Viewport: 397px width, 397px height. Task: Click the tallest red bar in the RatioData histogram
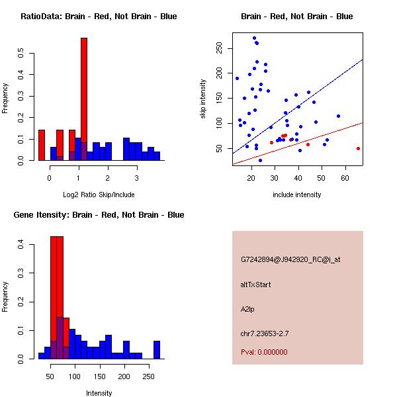[x=84, y=99]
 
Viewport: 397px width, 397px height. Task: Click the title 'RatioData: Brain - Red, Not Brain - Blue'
[x=99, y=17]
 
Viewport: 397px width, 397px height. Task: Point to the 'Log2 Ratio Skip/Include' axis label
[x=99, y=195]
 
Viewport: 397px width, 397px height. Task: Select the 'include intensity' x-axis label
[x=297, y=195]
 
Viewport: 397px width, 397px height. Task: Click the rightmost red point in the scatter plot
[x=358, y=148]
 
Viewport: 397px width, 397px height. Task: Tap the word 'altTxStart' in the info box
[x=256, y=285]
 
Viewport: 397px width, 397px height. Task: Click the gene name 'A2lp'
[x=248, y=309]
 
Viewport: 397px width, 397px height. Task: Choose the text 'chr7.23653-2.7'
[x=265, y=333]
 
